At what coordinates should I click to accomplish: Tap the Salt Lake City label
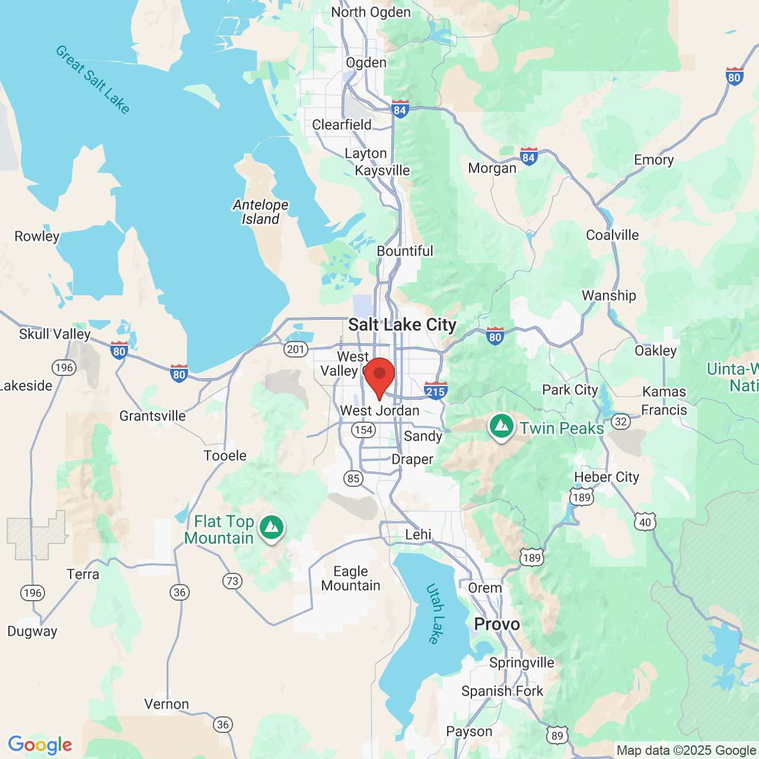[402, 325]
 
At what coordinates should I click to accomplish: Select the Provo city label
[497, 624]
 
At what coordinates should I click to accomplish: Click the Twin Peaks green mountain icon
[502, 426]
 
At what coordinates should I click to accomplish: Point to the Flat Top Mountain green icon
[272, 527]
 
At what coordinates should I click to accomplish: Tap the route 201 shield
[295, 349]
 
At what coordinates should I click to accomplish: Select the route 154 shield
[363, 430]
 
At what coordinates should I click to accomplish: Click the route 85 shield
[353, 478]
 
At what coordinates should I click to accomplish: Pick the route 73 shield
[232, 581]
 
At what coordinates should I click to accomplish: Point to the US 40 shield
[645, 522]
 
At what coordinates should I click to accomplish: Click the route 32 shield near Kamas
[621, 422]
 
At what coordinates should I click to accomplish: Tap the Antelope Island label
[260, 212]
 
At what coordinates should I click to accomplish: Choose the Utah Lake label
[436, 614]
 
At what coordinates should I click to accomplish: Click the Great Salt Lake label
[93, 79]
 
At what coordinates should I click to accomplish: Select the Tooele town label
[225, 455]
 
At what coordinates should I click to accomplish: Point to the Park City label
[570, 390]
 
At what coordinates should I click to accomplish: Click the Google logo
[40, 745]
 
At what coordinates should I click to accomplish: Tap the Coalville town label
[612, 235]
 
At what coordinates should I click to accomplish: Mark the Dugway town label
[32, 631]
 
